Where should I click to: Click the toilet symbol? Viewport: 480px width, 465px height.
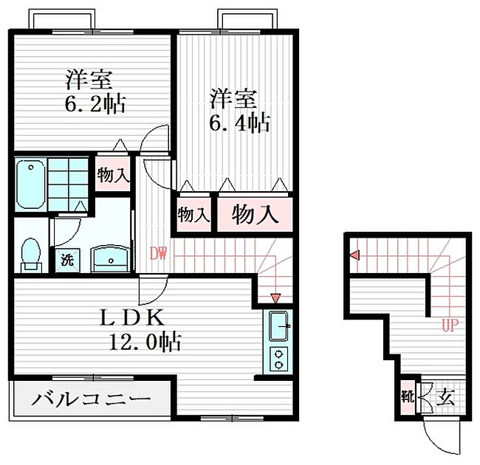(x=30, y=253)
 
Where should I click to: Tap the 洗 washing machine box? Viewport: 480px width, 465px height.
(x=67, y=260)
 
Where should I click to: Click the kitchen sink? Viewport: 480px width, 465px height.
(x=278, y=325)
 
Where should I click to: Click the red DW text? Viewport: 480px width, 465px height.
(x=158, y=254)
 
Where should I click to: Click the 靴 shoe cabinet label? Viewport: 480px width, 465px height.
(x=407, y=396)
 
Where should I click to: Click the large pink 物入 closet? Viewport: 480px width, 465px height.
(x=256, y=215)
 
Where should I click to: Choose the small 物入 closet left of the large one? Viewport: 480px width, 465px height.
(x=193, y=216)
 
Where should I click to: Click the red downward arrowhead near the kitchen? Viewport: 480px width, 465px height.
(x=276, y=298)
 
